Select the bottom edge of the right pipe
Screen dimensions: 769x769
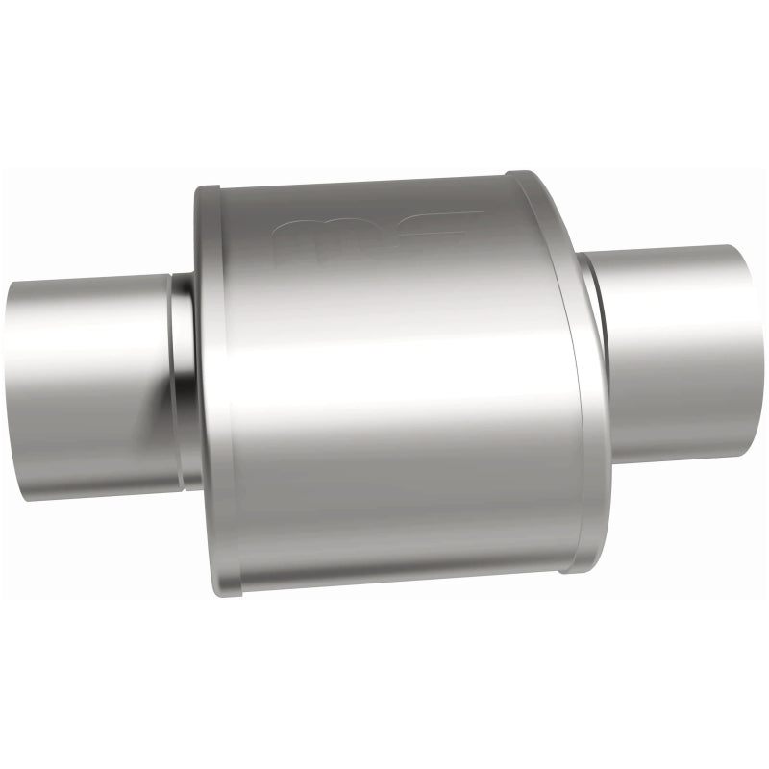[x=682, y=458]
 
